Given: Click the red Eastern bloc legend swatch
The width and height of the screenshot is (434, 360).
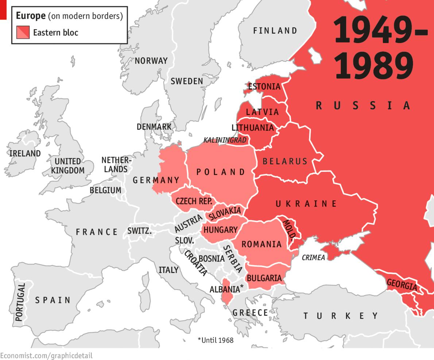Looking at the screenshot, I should pos(23,32).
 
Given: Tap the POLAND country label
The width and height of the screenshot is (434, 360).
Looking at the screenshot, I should pos(221,172).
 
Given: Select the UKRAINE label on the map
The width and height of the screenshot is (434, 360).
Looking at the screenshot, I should pos(306,204).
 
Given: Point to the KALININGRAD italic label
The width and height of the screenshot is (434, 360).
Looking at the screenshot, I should pos(225,140).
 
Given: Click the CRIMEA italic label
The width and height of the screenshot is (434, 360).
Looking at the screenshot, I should pos(313,258).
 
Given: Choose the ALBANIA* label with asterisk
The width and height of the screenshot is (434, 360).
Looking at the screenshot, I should pos(226,289).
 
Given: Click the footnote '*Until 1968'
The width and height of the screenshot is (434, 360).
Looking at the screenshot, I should pos(215,340).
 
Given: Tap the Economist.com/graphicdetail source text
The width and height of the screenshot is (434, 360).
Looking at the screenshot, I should pos(46,355).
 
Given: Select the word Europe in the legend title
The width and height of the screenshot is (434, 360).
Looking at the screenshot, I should pos(31,16).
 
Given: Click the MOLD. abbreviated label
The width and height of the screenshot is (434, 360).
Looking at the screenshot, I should pos(289,229).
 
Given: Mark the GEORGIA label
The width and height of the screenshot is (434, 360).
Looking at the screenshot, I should pos(402,284).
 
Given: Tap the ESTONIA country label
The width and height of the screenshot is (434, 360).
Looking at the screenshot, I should pos(264,87).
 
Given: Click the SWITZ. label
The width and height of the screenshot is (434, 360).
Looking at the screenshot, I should pos(139,231).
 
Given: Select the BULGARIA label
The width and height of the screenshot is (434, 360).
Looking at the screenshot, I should pos(264,278).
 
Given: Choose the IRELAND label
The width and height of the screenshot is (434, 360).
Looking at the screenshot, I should pos(25,153).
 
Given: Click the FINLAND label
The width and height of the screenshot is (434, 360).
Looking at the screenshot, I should pos(275,31).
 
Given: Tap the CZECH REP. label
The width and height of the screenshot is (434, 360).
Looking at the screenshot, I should pos(194,201).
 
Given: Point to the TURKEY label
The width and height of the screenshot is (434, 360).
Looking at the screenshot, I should pos(341,315).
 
